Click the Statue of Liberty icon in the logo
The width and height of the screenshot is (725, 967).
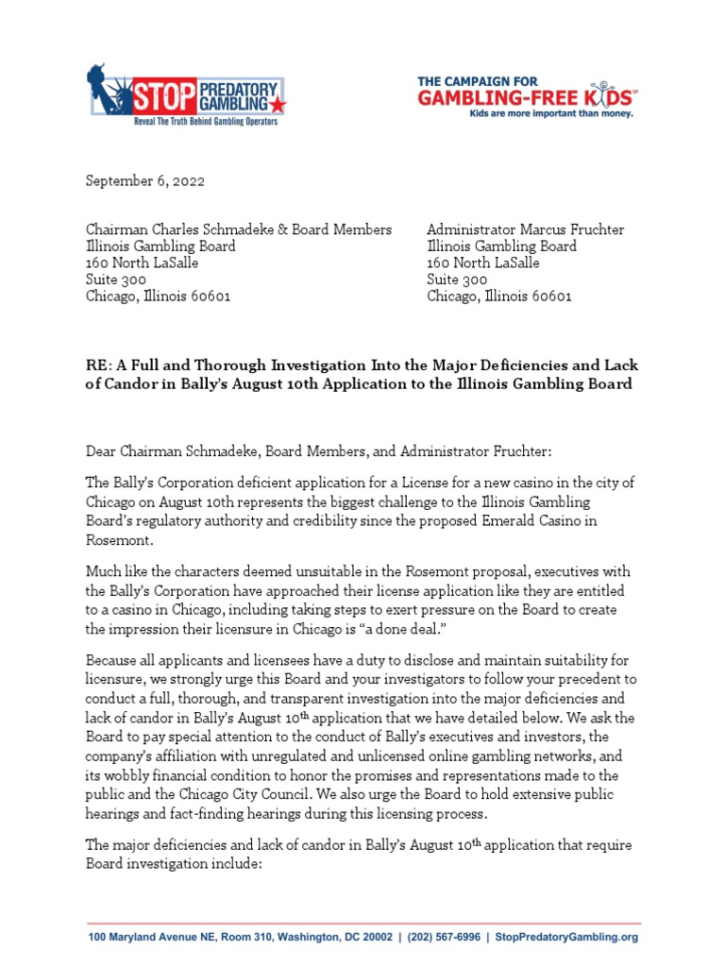102,93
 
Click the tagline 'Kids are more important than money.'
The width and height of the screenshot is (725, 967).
552,113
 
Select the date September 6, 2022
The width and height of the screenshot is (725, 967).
145,180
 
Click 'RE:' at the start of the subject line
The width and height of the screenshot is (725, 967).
99,365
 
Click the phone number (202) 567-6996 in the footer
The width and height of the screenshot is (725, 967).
443,938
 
